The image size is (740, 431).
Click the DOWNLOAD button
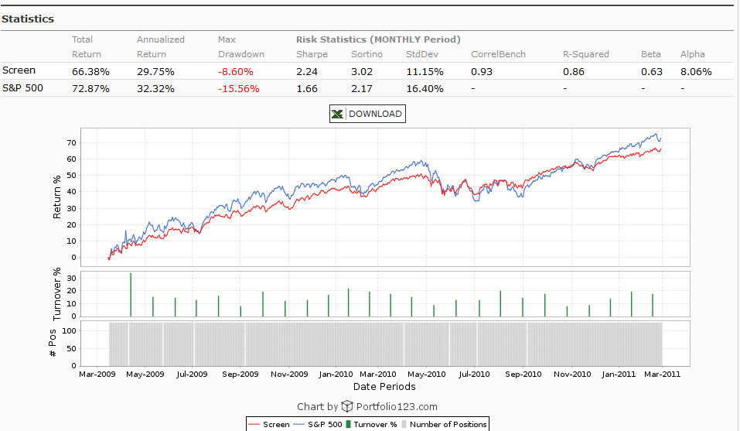coord(367,114)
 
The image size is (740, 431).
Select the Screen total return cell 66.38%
coord(90,70)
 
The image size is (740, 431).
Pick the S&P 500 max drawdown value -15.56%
coord(240,88)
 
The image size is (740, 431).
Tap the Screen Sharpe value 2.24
coord(307,70)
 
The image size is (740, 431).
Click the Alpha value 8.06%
coord(696,70)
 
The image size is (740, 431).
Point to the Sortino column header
coord(367,54)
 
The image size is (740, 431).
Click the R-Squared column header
coord(585,54)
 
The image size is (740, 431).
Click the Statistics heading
coord(28,19)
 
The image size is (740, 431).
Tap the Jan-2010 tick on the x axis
coord(336,374)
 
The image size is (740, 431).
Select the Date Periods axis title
coord(384,386)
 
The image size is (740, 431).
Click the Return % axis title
coord(57,197)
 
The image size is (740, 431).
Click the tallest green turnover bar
coord(131,295)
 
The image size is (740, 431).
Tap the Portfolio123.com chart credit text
coord(396,406)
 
